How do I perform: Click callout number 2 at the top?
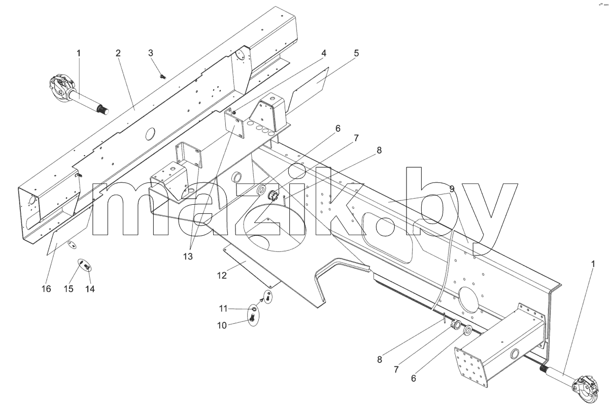(118, 53)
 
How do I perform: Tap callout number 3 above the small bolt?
(151, 53)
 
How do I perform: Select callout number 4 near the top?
(324, 53)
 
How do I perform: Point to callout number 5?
(356, 53)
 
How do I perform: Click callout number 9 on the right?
(452, 189)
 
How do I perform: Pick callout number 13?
(188, 256)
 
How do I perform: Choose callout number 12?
(222, 276)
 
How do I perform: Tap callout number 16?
(47, 289)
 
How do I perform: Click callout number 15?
(69, 289)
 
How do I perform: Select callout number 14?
(90, 289)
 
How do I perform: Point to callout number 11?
(223, 309)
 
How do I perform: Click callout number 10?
(222, 325)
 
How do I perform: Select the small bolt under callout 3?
(163, 77)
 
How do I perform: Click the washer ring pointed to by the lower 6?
(468, 330)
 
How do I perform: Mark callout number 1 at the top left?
(79, 53)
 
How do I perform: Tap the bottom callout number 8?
(380, 359)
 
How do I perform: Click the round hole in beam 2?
(150, 134)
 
